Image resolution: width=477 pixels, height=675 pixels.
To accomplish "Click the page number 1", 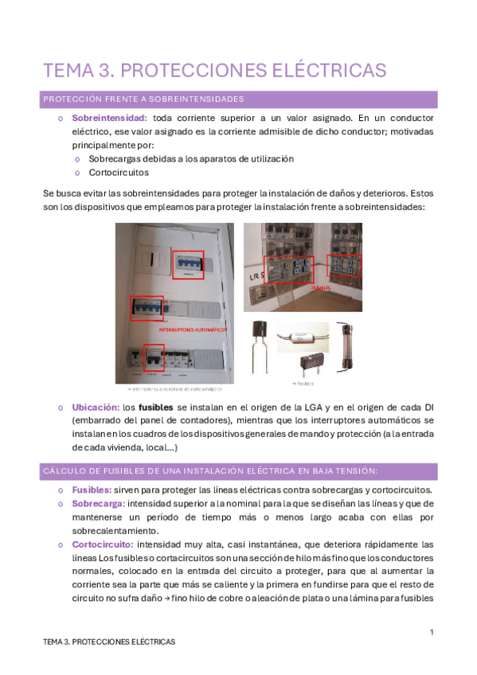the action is coord(431,632).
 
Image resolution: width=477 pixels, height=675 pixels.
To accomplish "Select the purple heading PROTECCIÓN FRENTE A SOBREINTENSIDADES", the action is coord(143,99).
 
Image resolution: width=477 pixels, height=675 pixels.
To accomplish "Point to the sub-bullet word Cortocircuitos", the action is coord(119,172).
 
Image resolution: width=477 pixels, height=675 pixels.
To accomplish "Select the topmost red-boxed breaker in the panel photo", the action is coord(189,265).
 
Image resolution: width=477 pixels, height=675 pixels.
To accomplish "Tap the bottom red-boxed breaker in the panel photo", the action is coord(154,357).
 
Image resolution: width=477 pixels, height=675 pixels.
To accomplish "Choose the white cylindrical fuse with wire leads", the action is coord(302,337).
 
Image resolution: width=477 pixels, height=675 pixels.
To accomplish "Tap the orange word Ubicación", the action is coord(96,407).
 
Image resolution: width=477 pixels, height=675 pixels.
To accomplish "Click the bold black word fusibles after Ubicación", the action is coord(155,407).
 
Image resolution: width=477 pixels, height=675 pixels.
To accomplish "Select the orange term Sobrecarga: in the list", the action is coord(98,504).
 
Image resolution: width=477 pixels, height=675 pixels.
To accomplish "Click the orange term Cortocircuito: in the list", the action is coord(103,544).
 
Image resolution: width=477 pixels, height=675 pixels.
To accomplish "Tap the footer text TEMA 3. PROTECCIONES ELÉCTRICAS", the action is coord(109,641).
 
